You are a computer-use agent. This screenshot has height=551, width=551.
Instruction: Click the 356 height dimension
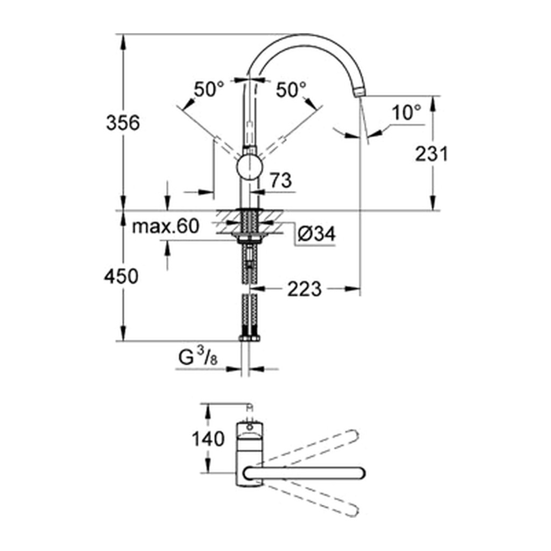123,123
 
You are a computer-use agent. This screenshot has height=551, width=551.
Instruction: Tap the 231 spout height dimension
432,154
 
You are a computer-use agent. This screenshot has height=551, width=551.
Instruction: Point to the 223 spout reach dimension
305,289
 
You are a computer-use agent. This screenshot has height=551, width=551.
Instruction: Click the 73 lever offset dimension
281,180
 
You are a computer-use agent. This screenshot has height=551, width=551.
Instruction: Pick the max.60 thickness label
166,227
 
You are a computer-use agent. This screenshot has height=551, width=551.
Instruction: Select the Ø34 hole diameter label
316,234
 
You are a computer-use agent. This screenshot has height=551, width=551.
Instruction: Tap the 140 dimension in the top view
208,439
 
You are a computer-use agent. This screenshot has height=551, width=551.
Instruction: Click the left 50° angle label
209,89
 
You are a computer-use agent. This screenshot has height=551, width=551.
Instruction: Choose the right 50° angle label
291,89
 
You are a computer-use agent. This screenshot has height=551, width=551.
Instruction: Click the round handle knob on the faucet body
249,168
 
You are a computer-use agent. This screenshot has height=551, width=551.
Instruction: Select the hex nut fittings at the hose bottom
249,338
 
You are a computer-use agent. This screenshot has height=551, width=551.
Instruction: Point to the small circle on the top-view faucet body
250,428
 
